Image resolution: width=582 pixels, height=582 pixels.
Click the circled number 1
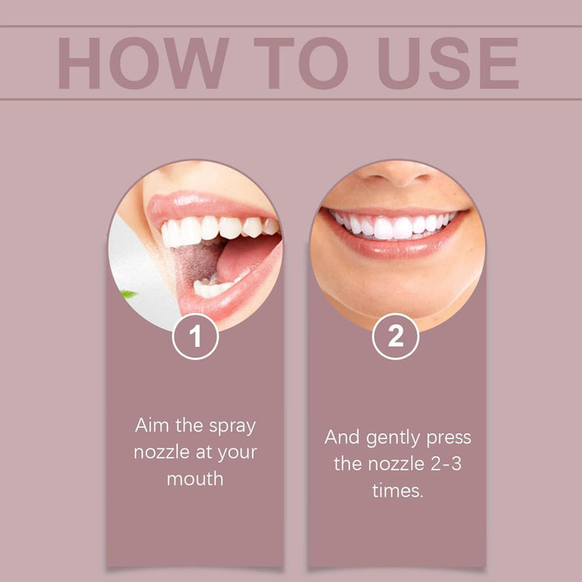click(195, 336)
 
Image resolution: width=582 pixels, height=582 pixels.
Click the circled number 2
click(395, 336)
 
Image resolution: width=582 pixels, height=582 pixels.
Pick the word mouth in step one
click(195, 479)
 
